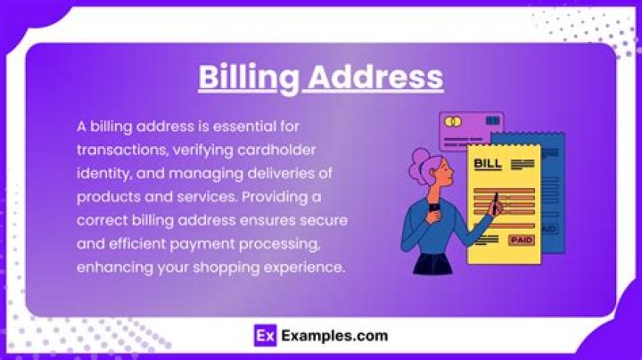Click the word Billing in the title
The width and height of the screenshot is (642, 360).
pyautogui.click(x=247, y=77)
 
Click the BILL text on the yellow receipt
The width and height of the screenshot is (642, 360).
pyautogui.click(x=487, y=164)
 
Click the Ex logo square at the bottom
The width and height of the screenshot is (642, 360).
pyautogui.click(x=263, y=336)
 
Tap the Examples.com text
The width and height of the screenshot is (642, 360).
pyautogui.click(x=333, y=336)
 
